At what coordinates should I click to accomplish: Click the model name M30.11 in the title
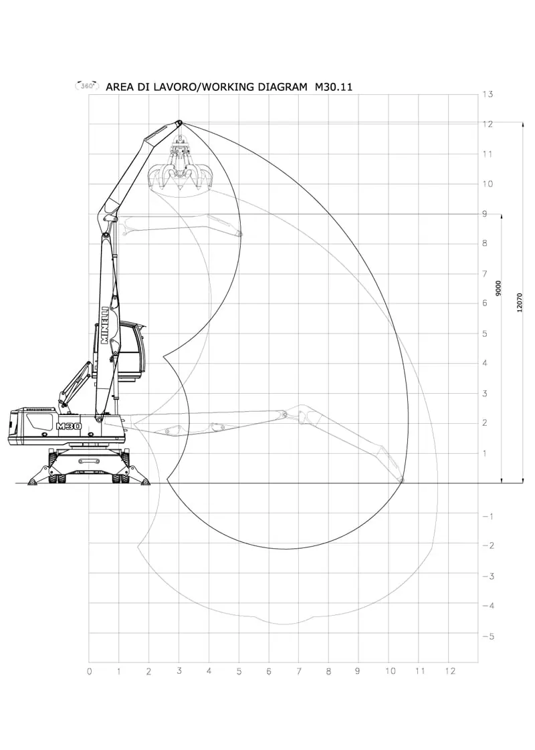coord(333,87)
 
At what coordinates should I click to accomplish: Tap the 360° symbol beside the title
coord(87,86)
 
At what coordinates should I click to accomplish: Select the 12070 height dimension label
coord(520,303)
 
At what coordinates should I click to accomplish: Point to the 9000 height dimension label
coord(499,289)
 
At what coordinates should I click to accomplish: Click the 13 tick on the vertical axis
coord(488,94)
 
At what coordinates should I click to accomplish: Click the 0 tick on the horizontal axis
coord(90,672)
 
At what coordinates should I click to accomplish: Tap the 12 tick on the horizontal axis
coord(450,671)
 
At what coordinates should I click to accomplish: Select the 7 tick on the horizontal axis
coord(299,672)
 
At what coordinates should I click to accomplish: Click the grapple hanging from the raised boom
coord(180,168)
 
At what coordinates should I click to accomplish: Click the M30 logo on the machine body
coord(68,426)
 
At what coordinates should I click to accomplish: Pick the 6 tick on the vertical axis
coord(485,303)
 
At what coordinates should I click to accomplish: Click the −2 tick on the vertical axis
coord(488,545)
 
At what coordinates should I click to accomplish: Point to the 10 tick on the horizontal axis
coord(391,671)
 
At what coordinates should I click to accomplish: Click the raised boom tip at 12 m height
coord(179,123)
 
